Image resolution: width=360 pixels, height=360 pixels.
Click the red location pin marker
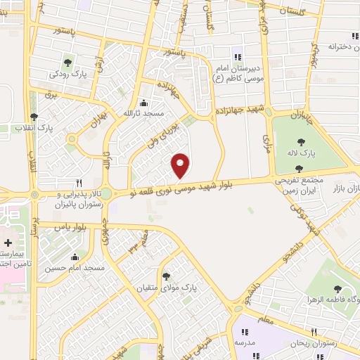point(181,165)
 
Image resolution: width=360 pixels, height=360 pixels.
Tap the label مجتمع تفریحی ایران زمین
point(300,185)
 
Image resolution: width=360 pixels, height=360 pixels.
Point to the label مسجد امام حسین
point(75,269)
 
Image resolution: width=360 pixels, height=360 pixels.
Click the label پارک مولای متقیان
point(166,288)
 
